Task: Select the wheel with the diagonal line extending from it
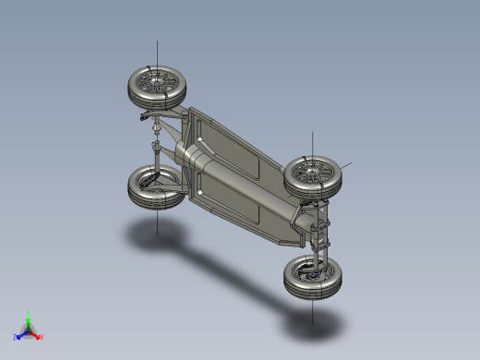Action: [314, 174]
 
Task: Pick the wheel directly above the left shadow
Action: [154, 187]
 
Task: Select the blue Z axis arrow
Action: [20, 335]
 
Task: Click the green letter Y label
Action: [29, 312]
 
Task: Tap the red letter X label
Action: [42, 337]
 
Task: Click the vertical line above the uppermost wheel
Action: [156, 54]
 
